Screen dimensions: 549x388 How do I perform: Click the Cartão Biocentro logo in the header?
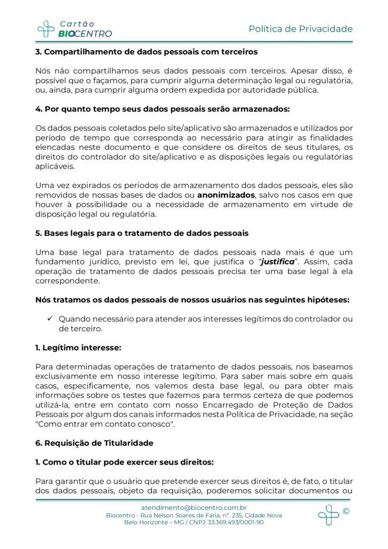coord(74,28)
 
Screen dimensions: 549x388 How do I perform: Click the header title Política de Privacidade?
coord(301,28)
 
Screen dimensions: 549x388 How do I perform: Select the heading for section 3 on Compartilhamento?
coord(147,52)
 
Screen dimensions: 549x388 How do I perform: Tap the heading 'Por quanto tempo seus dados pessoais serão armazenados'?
coord(162,109)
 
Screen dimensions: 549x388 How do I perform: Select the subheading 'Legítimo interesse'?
coord(78,347)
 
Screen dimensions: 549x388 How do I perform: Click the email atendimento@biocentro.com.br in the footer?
coord(193,507)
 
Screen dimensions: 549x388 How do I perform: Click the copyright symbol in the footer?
coord(346,511)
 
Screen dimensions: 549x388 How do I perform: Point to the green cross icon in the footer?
coord(328,515)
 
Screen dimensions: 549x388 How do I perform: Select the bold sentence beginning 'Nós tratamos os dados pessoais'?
coord(192,299)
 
